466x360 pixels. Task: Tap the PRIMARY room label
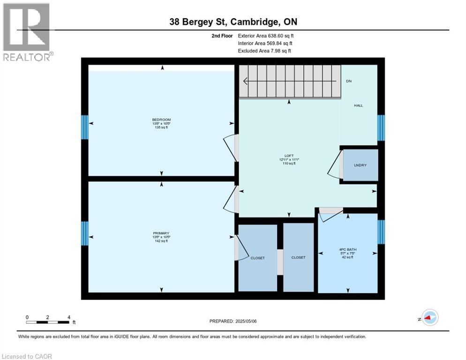click(161, 233)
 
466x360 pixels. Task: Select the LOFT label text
click(289, 155)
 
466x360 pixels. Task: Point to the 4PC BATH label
click(348, 249)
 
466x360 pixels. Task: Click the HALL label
click(358, 105)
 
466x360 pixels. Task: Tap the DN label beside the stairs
click(349, 81)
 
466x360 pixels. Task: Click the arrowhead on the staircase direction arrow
click(245, 81)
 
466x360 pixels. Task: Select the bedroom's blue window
click(85, 127)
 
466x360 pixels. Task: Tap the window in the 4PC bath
click(381, 232)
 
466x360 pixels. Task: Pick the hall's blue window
click(381, 127)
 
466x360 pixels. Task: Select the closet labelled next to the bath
click(298, 257)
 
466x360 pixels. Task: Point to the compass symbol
click(429, 318)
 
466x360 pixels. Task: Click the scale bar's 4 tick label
click(69, 317)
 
